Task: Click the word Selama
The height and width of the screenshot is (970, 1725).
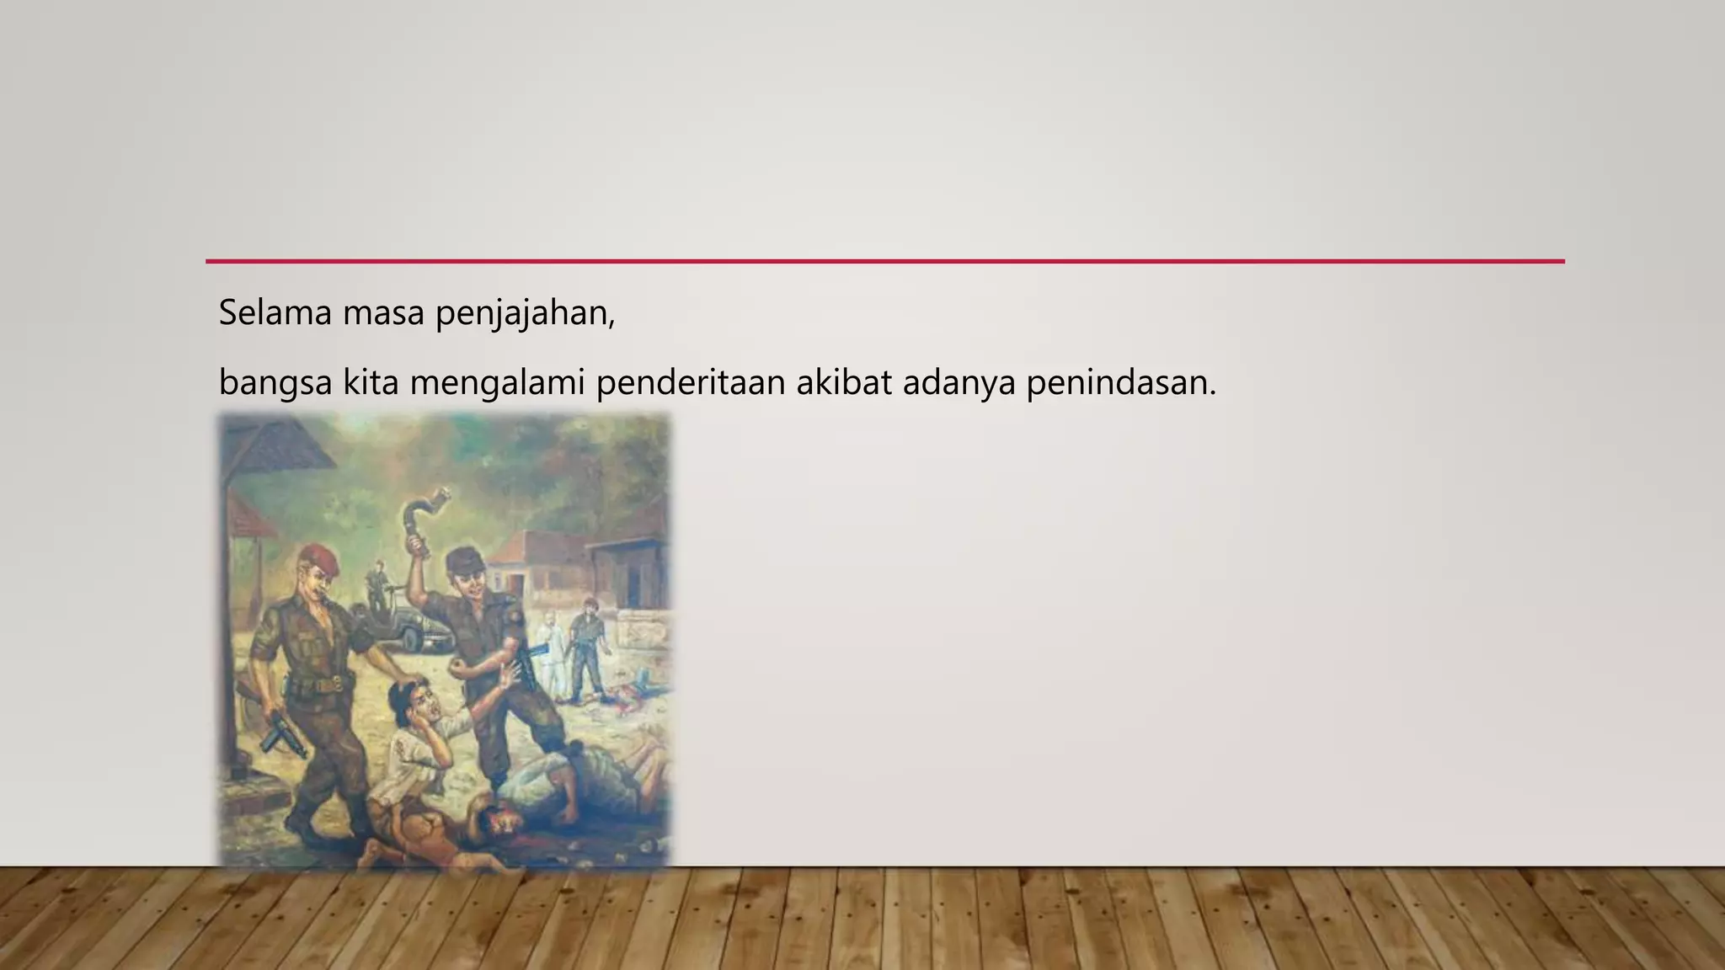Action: (x=274, y=313)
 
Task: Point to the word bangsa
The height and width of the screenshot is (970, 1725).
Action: (x=275, y=384)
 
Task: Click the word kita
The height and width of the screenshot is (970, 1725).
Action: (x=370, y=382)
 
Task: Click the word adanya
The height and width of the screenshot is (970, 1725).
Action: (x=959, y=384)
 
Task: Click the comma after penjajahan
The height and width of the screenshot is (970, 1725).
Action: (x=612, y=324)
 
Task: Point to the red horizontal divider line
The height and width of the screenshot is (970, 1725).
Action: (x=884, y=261)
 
